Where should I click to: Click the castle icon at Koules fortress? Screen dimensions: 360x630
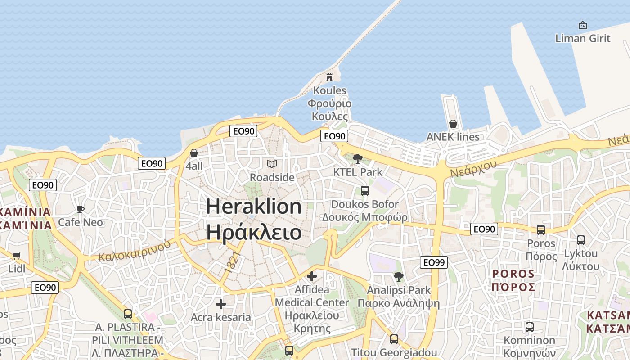pos(329,77)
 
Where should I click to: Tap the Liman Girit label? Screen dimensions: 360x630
pos(583,38)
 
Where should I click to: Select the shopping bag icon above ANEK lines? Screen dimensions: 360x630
pos(453,123)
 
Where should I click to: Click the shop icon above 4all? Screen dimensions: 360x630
pos(194,153)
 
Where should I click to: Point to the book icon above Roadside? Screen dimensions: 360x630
pos(272,164)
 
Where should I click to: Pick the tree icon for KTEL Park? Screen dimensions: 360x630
pos(358,158)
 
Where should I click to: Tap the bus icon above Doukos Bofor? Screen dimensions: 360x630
pos(365,191)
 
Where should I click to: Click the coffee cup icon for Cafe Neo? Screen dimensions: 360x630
pos(81,209)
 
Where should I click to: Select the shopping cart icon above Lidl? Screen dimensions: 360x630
pos(17,256)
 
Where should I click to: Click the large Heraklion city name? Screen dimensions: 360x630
pos(254,220)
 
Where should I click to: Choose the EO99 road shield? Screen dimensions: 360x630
pos(434,262)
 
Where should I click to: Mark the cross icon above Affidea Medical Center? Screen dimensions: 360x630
pos(312,276)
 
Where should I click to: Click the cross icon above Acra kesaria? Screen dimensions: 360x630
pos(221,304)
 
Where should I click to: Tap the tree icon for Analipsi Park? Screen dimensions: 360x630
pos(398,276)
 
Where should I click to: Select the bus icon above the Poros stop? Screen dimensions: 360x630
pos(541,229)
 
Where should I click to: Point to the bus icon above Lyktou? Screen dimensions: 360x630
pos(581,240)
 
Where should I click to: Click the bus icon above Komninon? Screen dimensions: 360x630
pos(530,327)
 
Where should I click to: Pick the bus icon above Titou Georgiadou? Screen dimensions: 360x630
pos(394,339)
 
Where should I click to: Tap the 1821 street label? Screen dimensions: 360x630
pos(230,263)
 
